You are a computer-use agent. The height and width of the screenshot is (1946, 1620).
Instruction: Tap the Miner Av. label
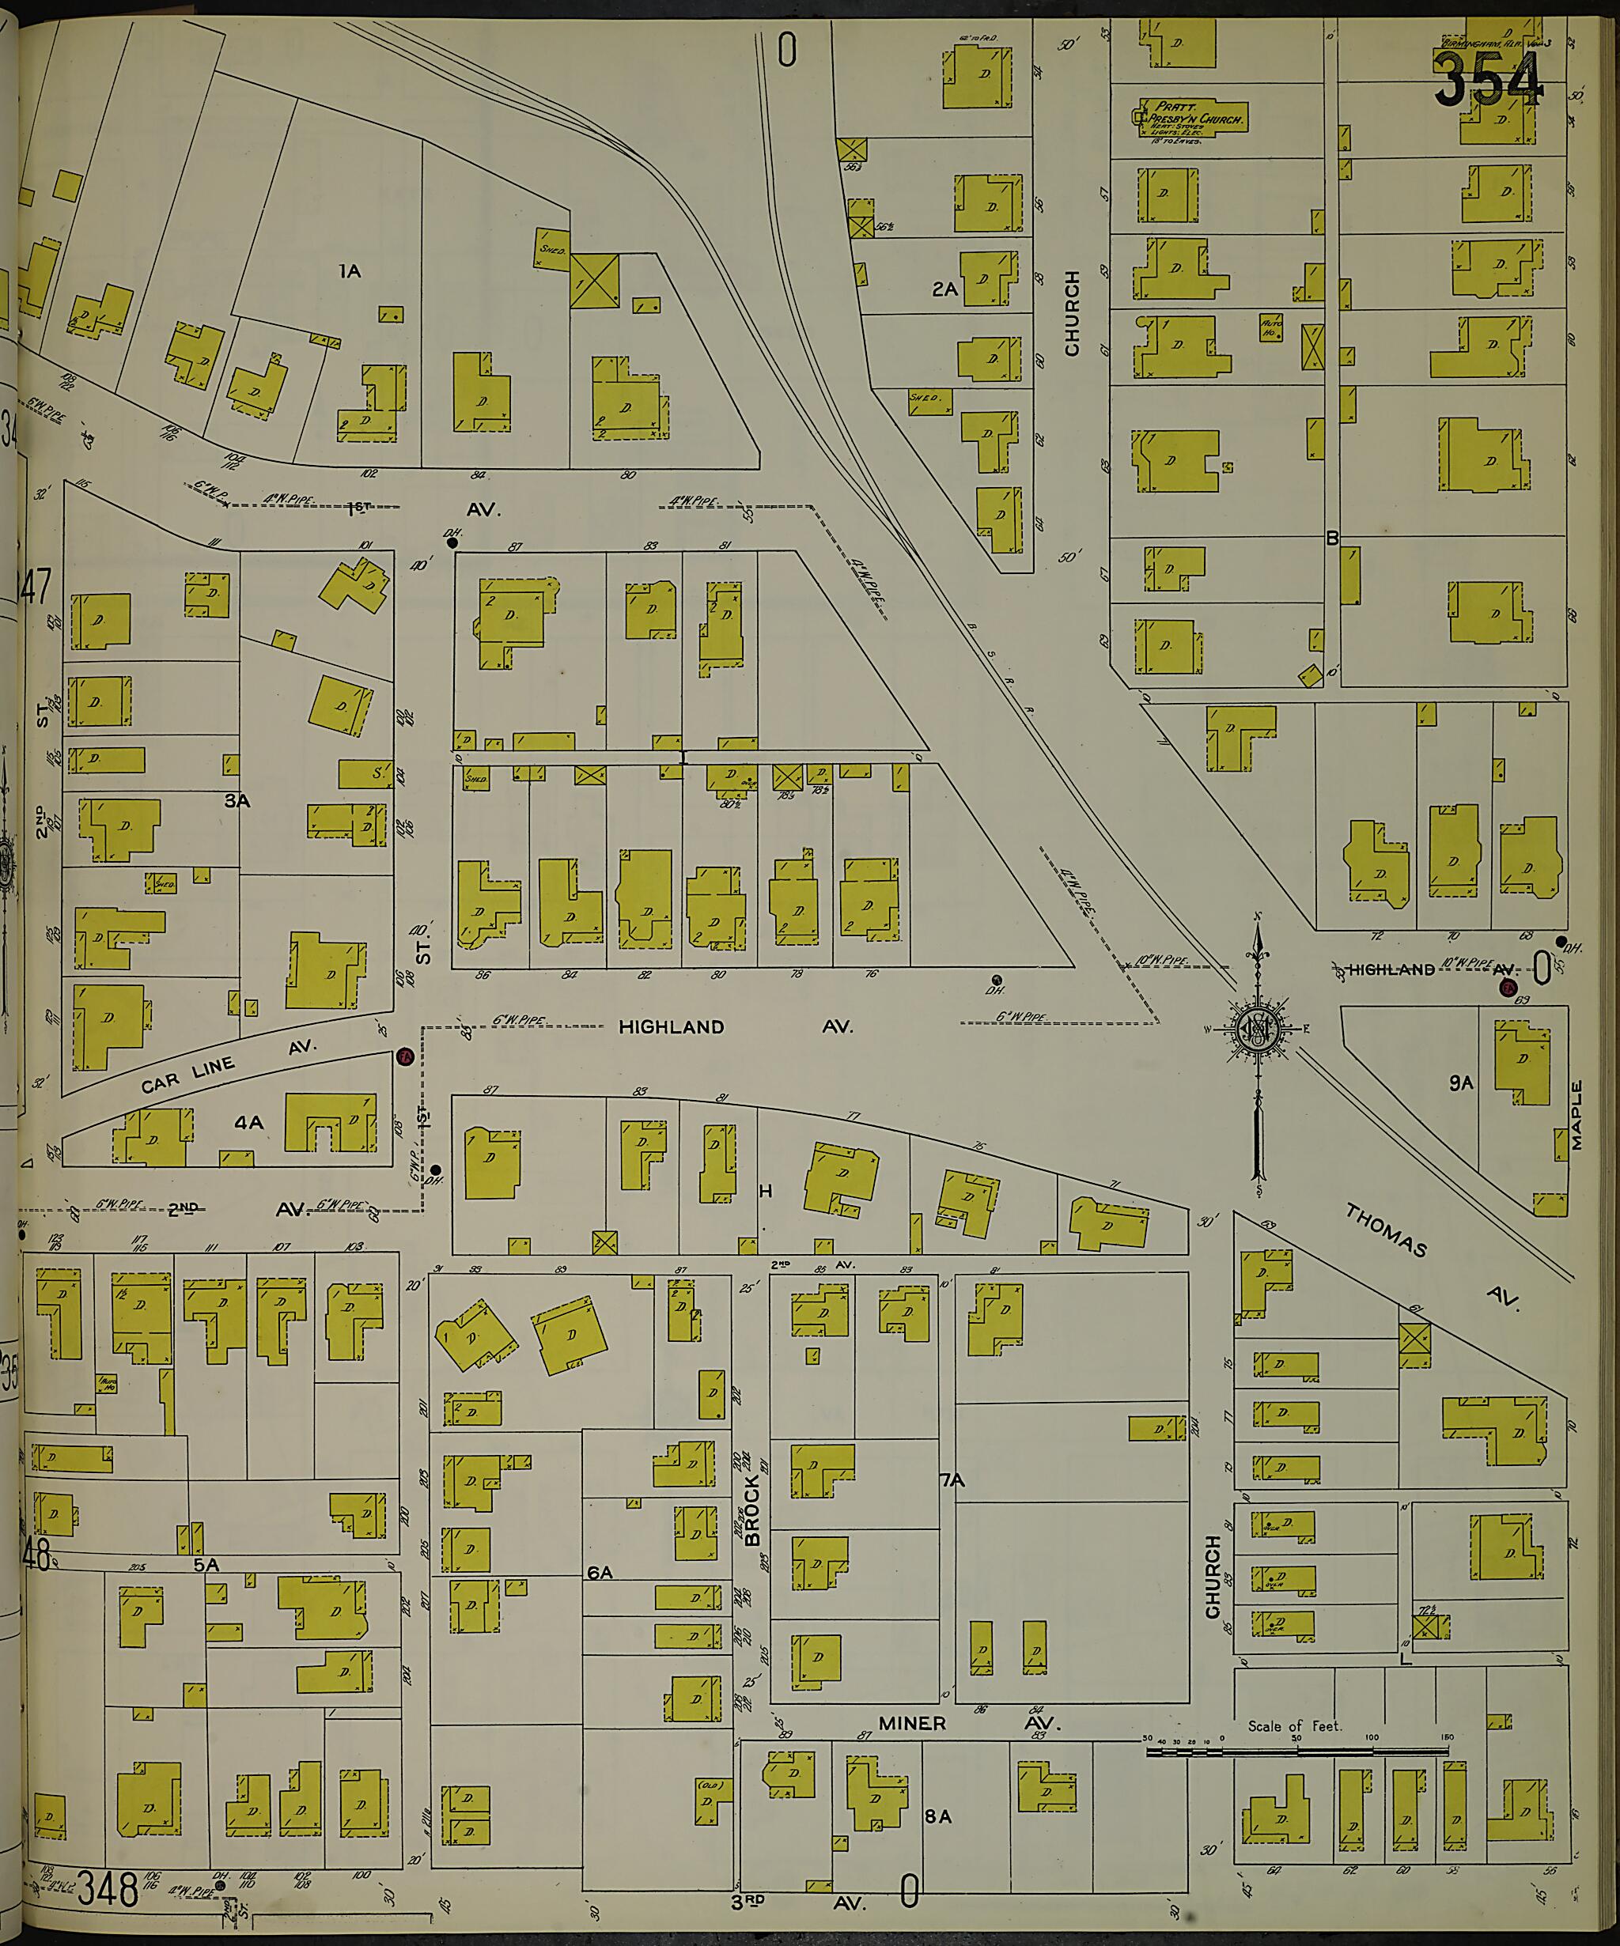[963, 1724]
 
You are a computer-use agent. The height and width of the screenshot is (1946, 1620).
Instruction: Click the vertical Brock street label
[751, 1510]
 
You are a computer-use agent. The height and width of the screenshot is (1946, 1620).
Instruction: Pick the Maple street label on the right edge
[1576, 1115]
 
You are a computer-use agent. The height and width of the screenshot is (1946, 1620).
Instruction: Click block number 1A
[349, 271]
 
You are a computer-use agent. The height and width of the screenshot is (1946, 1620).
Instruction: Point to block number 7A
[952, 1481]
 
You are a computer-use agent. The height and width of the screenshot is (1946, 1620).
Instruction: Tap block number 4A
[248, 1123]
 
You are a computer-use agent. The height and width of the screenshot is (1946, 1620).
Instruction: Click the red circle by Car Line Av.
[404, 1056]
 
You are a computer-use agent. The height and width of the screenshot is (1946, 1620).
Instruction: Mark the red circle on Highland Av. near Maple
[1508, 988]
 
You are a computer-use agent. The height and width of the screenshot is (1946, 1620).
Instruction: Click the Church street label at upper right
[1073, 313]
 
